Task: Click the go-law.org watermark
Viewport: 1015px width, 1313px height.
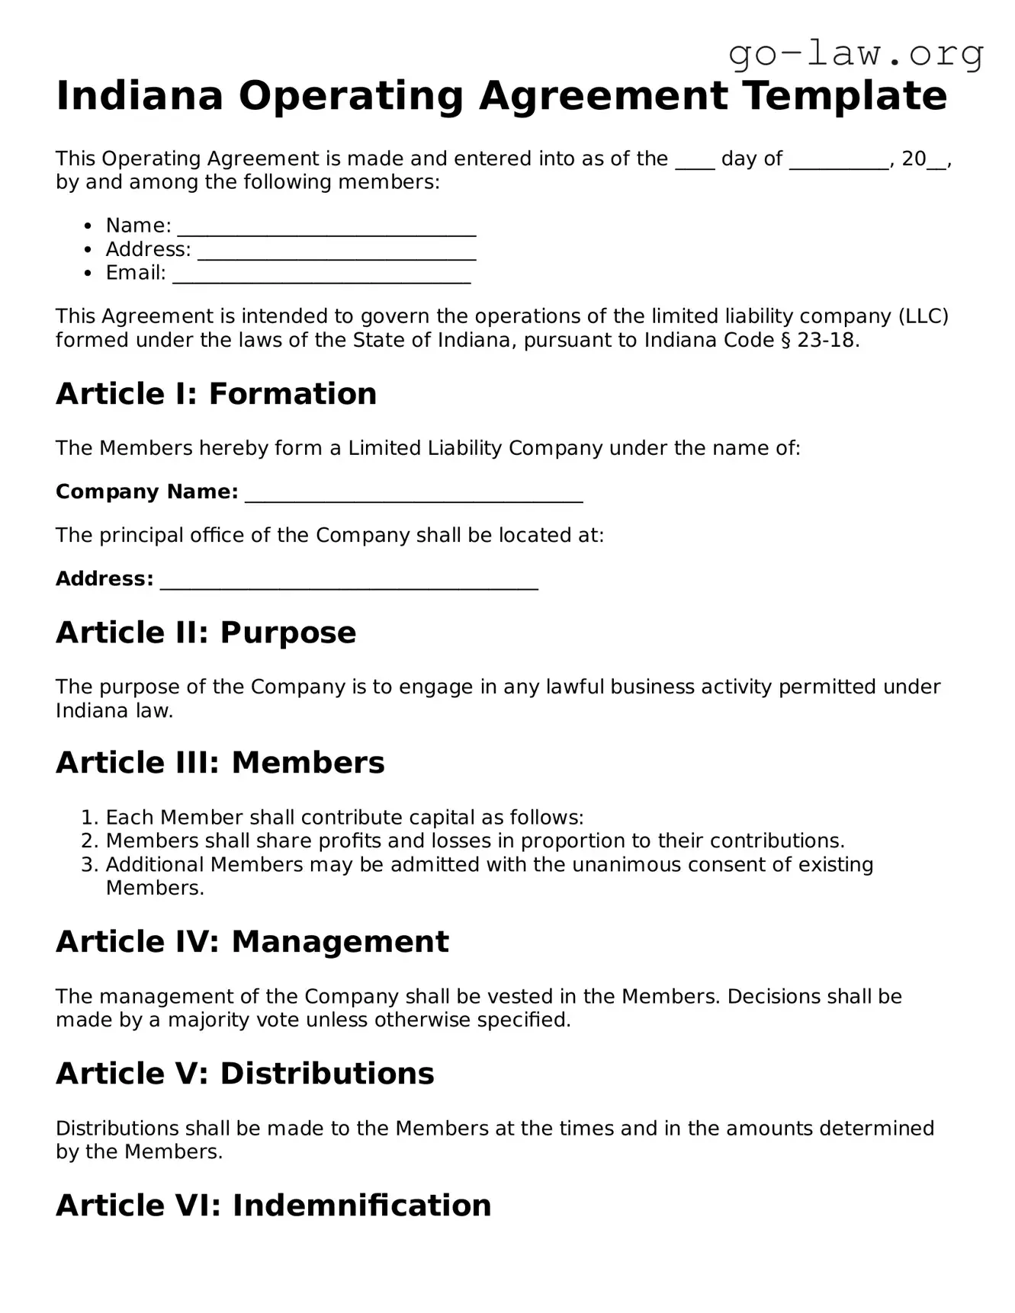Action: coord(856,54)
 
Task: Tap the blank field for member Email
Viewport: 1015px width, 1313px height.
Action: coord(321,274)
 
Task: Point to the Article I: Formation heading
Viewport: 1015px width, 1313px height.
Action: coord(216,394)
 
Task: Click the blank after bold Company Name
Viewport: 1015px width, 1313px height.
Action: coord(413,493)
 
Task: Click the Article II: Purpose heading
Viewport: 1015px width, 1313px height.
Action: coord(206,632)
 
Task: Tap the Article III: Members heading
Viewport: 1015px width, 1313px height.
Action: coord(220,763)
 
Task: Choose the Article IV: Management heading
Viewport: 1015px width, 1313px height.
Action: coord(252,942)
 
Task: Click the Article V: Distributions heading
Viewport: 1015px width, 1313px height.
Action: coord(245,1074)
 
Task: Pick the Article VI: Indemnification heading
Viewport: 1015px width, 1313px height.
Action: coord(273,1206)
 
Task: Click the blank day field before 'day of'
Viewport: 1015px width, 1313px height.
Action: coord(694,161)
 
